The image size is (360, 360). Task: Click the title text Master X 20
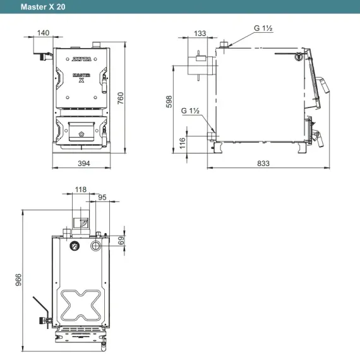pos(43,7)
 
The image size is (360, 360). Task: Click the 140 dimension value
pos(43,33)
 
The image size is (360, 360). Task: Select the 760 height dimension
pos(121,99)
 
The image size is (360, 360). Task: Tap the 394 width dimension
pos(84,164)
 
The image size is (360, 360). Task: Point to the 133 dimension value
pos(200,33)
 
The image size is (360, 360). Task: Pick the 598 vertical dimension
pos(169,102)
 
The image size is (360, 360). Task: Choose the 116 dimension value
pos(183,143)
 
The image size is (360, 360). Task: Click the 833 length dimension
pos(263,164)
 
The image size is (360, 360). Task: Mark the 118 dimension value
pos(81,189)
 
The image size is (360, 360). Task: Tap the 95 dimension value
pos(102,197)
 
